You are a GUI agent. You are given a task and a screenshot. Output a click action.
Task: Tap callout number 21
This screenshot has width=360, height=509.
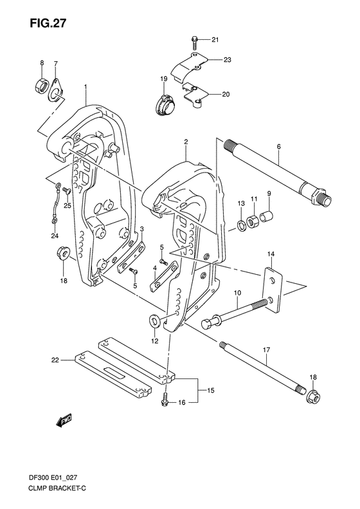pyautogui.click(x=215, y=41)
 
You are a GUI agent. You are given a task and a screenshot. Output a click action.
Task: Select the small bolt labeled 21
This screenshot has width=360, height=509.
pyautogui.click(x=194, y=43)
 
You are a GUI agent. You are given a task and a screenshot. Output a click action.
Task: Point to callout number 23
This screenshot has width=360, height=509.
pyautogui.click(x=227, y=60)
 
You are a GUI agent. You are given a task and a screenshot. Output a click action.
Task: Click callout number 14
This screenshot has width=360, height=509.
pyautogui.click(x=271, y=254)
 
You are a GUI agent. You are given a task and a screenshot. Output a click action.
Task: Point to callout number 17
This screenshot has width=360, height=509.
pyautogui.click(x=264, y=351)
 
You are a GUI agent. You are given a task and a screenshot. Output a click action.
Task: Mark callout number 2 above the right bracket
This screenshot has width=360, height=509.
pyautogui.click(x=185, y=142)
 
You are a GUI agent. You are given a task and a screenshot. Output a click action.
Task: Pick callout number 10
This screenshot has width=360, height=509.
pyautogui.click(x=237, y=293)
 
